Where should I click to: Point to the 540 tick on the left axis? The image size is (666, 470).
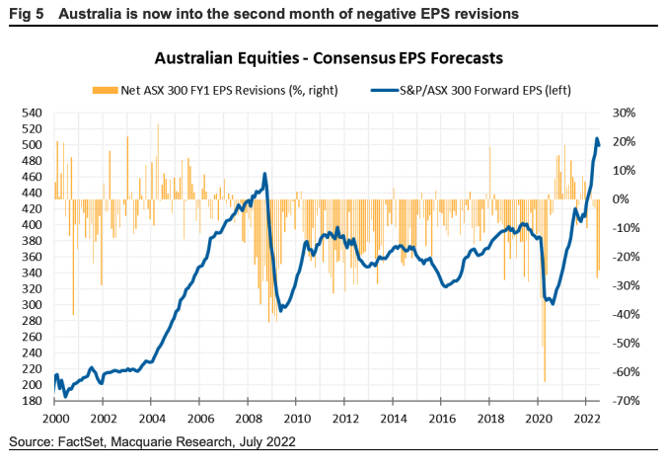click(32, 114)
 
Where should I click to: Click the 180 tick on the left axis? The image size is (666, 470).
click(32, 401)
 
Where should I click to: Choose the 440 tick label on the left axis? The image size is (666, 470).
click(32, 194)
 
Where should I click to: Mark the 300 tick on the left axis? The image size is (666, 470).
click(32, 305)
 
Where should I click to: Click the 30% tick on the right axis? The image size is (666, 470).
click(630, 114)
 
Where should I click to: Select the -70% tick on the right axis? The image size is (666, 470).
click(629, 401)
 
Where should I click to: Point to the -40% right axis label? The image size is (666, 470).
click(629, 315)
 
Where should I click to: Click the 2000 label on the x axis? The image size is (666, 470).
click(54, 417)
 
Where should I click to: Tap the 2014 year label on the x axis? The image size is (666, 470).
click(393, 417)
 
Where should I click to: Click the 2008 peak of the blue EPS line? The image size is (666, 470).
click(264, 175)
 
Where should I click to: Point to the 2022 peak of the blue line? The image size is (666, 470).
click(597, 139)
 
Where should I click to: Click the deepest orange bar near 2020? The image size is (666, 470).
click(544, 380)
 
